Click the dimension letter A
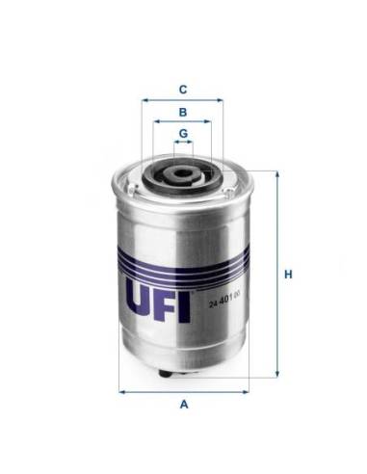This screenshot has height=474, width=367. coord(183,405)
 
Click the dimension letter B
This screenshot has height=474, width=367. coord(182,111)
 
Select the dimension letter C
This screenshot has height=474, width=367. coord(182,90)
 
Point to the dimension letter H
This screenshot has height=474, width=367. coord(287,275)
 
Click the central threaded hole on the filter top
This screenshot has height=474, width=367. coord(182,176)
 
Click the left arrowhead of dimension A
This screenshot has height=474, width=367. coord(121,391)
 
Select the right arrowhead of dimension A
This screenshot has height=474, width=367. coord(246,391)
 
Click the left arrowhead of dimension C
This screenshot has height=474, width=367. coord(144,99)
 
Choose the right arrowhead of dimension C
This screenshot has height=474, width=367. coord(221,99)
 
